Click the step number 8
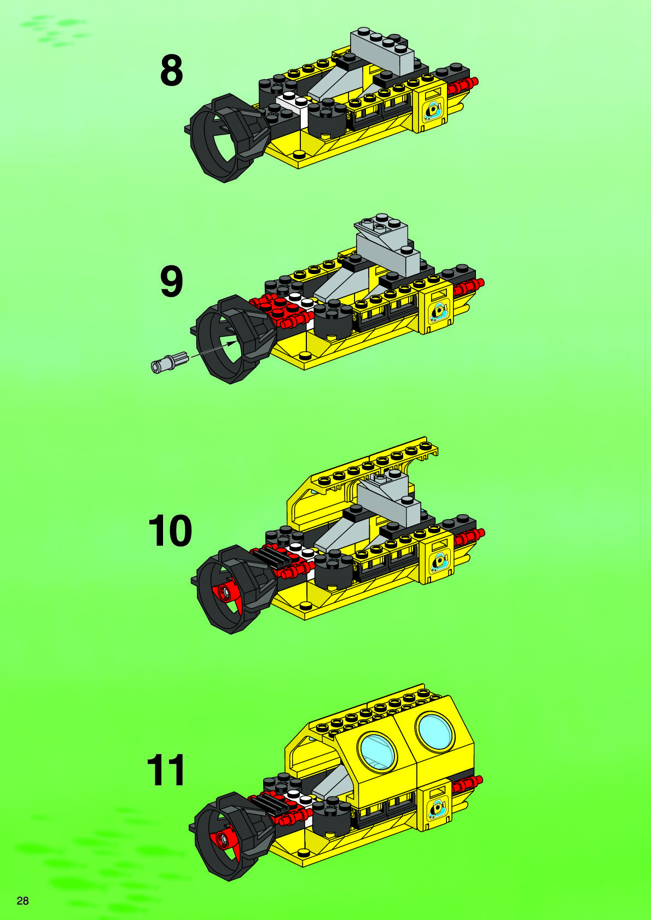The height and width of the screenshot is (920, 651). tap(171, 71)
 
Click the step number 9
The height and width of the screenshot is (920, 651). tap(171, 282)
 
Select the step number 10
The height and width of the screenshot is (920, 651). tap(170, 531)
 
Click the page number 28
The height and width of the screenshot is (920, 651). tap(22, 900)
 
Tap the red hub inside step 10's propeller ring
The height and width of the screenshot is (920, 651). tap(225, 591)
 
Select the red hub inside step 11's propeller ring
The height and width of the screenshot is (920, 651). tap(223, 837)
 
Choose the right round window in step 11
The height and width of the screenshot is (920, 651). tap(434, 731)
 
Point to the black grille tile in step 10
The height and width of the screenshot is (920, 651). tap(270, 557)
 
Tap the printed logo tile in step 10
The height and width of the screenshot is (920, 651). tap(438, 561)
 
